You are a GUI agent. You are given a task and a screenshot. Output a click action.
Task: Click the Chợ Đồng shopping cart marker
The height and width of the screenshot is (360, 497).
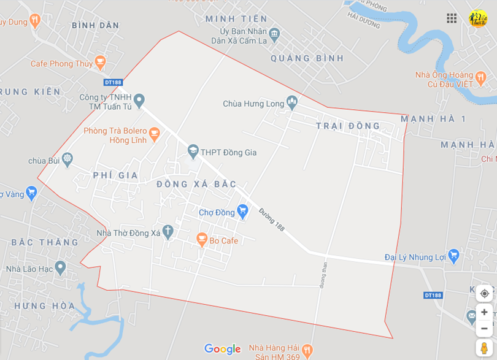click(x=242, y=212)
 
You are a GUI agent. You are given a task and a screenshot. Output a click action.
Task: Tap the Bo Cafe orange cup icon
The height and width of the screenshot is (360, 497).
click(x=201, y=240)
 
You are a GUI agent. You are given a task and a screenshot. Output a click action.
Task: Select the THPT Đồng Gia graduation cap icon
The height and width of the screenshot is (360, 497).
click(x=193, y=151)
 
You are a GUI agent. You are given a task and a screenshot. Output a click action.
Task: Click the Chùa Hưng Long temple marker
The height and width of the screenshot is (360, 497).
click(x=292, y=103)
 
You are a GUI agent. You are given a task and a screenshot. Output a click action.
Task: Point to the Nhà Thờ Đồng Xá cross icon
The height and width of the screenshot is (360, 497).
click(x=168, y=232)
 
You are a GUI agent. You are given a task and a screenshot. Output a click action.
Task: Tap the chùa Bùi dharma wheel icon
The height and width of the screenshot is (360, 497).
click(x=67, y=160)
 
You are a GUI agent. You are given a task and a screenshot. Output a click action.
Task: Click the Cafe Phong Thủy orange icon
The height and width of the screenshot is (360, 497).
click(x=101, y=63)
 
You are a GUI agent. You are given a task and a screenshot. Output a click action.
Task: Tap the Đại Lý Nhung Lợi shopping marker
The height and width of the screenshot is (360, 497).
click(x=453, y=256)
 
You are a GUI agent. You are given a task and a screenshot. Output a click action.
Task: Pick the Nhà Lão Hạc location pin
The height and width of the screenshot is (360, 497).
click(x=60, y=267)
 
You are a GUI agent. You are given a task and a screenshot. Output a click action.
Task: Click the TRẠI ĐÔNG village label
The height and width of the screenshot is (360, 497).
click(x=348, y=126)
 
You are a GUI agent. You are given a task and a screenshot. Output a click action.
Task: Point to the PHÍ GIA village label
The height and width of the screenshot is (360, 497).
click(x=115, y=175)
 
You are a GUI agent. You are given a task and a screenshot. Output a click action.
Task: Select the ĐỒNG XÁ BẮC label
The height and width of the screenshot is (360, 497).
click(x=196, y=184)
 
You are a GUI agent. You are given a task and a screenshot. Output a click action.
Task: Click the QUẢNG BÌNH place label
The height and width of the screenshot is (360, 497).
click(x=307, y=58)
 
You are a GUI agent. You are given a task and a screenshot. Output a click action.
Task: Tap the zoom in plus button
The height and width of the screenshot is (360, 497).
click(x=484, y=312)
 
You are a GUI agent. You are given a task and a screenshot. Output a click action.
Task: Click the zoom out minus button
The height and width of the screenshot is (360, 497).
click(x=484, y=329)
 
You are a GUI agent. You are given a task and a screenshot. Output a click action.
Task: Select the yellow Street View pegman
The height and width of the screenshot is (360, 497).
click(x=484, y=348)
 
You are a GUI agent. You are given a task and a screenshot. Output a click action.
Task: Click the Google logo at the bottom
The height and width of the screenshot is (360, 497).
click(x=222, y=349)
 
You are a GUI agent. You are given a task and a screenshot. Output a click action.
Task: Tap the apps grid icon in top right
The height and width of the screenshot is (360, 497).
click(x=452, y=18)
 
